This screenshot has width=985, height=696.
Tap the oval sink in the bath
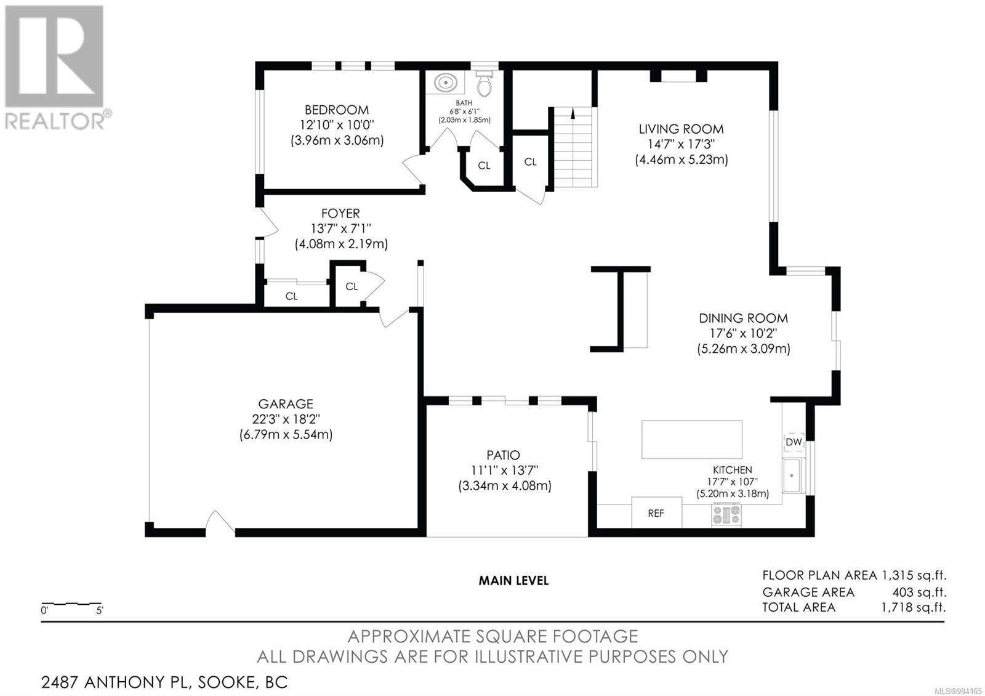[446, 83]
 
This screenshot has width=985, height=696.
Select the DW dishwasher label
[794, 442]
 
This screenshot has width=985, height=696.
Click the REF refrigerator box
[656, 512]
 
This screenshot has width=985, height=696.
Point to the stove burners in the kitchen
[726, 514]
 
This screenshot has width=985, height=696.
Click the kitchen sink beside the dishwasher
[794, 475]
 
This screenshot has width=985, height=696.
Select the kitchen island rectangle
[692, 440]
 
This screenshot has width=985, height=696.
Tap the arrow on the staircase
[573, 113]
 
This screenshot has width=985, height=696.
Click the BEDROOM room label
[337, 110]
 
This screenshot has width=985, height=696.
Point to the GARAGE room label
[286, 404]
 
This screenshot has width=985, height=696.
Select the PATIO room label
[504, 455]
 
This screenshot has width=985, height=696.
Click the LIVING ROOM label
[681, 129]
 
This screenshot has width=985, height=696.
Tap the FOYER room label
[341, 213]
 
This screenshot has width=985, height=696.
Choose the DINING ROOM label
[744, 318]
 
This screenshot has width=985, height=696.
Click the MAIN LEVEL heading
[513, 581]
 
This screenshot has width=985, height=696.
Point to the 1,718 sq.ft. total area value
[913, 607]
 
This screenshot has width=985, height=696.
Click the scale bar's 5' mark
[100, 610]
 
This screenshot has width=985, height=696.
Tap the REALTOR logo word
[55, 121]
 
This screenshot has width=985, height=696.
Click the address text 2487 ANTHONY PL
[115, 682]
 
